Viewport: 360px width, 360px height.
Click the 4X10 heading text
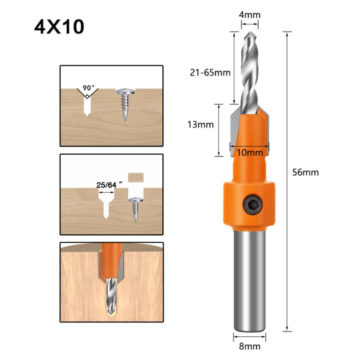click(59, 27)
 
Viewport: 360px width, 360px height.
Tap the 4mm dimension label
click(250, 15)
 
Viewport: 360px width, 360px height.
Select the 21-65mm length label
click(210, 72)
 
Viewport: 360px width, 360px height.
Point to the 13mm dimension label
click(201, 125)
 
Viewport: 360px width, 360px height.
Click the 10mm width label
click(250, 152)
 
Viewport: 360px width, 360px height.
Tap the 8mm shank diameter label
click(250, 347)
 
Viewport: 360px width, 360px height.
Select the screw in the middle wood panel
click(136, 207)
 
